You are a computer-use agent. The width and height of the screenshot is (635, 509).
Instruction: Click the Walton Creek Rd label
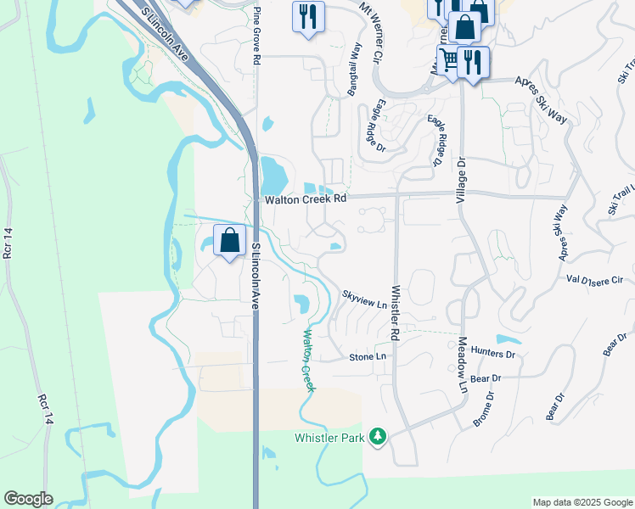click(x=306, y=199)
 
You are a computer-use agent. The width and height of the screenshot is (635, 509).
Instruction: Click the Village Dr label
click(x=462, y=179)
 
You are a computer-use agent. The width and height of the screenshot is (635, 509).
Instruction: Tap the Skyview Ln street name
click(x=364, y=299)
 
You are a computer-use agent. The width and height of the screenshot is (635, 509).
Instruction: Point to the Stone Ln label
click(x=368, y=357)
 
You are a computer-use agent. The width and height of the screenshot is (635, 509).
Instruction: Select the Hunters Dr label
click(x=493, y=352)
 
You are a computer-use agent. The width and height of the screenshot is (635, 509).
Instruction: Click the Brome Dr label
click(x=481, y=408)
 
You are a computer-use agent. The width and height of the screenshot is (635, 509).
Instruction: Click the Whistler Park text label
click(x=329, y=438)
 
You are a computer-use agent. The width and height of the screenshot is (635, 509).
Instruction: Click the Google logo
click(x=28, y=499)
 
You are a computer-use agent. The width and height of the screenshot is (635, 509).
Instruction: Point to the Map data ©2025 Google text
click(x=582, y=502)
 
